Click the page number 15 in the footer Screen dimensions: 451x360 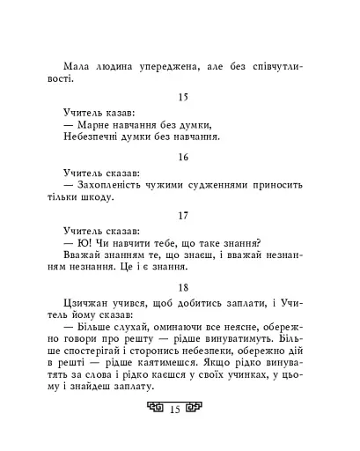pos(174,433)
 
